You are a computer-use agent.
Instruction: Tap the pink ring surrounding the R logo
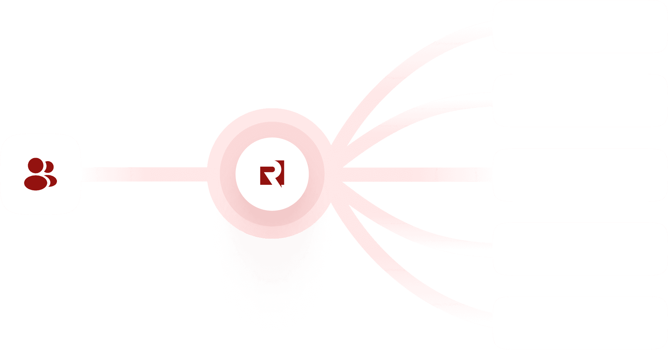click(272, 129)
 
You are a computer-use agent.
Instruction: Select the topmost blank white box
click(580, 27)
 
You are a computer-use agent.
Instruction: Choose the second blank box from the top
click(580, 101)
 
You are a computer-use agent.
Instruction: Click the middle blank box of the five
click(580, 175)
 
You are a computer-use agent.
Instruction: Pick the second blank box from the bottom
click(580, 249)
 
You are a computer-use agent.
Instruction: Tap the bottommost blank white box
click(580, 323)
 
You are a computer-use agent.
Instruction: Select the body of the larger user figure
click(35, 182)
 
